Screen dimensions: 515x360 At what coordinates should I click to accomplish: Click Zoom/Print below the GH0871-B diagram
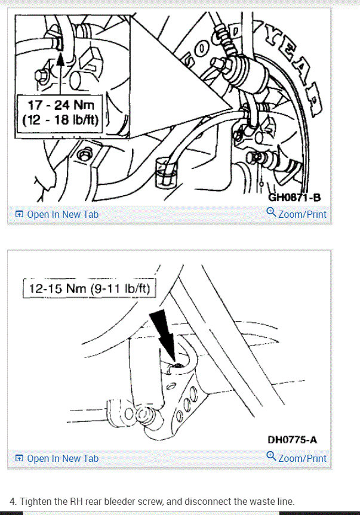pyautogui.click(x=302, y=214)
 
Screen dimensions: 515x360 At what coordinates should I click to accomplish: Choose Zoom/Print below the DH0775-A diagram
pyautogui.click(x=302, y=458)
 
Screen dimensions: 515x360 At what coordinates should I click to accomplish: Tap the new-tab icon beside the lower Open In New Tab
pyautogui.click(x=19, y=458)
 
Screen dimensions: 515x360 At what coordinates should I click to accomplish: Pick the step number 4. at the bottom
pyautogui.click(x=14, y=501)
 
